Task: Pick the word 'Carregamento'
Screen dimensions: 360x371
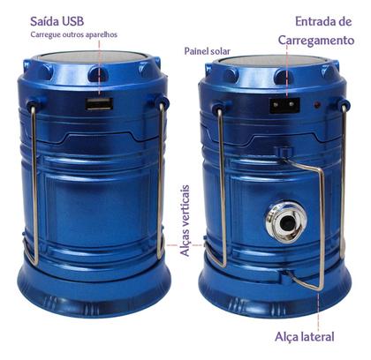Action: [x=316, y=41]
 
